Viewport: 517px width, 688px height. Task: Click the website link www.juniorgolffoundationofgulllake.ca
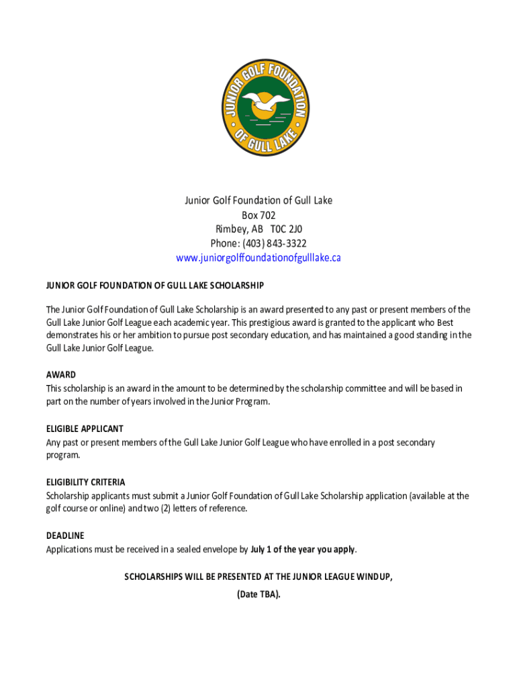258,258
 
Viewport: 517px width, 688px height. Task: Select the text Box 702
258,215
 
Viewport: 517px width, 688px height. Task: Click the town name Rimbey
230,229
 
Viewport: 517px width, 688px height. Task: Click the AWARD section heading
61,375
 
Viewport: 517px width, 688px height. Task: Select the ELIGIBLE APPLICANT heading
85,429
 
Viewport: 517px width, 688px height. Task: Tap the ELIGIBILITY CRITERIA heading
86,482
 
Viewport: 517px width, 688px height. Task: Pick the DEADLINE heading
65,536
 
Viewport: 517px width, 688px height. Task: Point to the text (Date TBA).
258,595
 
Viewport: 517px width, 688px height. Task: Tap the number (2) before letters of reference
164,509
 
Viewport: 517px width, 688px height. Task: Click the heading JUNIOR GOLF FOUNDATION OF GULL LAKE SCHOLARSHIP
155,286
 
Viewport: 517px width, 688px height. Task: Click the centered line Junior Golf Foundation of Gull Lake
258,201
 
